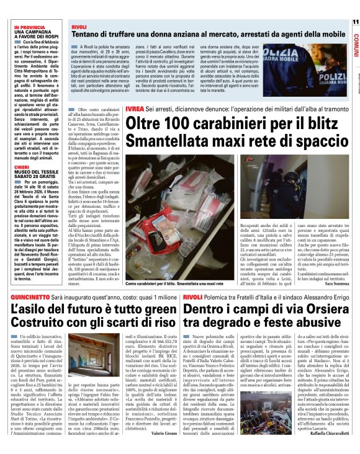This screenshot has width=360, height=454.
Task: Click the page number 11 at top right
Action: [x=354, y=22]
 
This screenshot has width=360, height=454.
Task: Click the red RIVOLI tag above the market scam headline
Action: [x=78, y=28]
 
